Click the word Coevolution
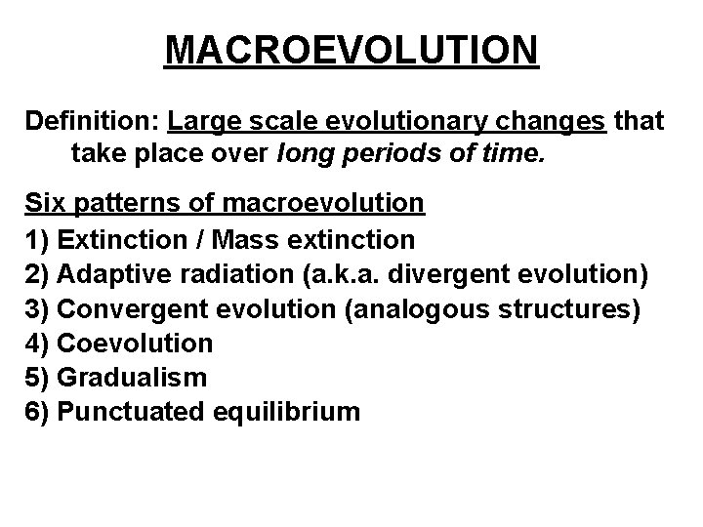[136, 344]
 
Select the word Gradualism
[132, 378]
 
